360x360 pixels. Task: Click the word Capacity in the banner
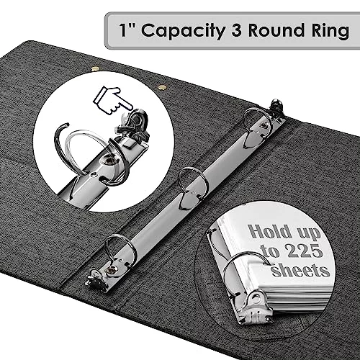183,31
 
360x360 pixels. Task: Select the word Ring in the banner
330,31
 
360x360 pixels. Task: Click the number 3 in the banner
237,30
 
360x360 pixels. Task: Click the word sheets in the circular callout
300,270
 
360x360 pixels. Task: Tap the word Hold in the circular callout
269,231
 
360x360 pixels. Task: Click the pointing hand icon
112,101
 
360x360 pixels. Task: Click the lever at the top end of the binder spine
277,107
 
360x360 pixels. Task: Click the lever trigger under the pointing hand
133,125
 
